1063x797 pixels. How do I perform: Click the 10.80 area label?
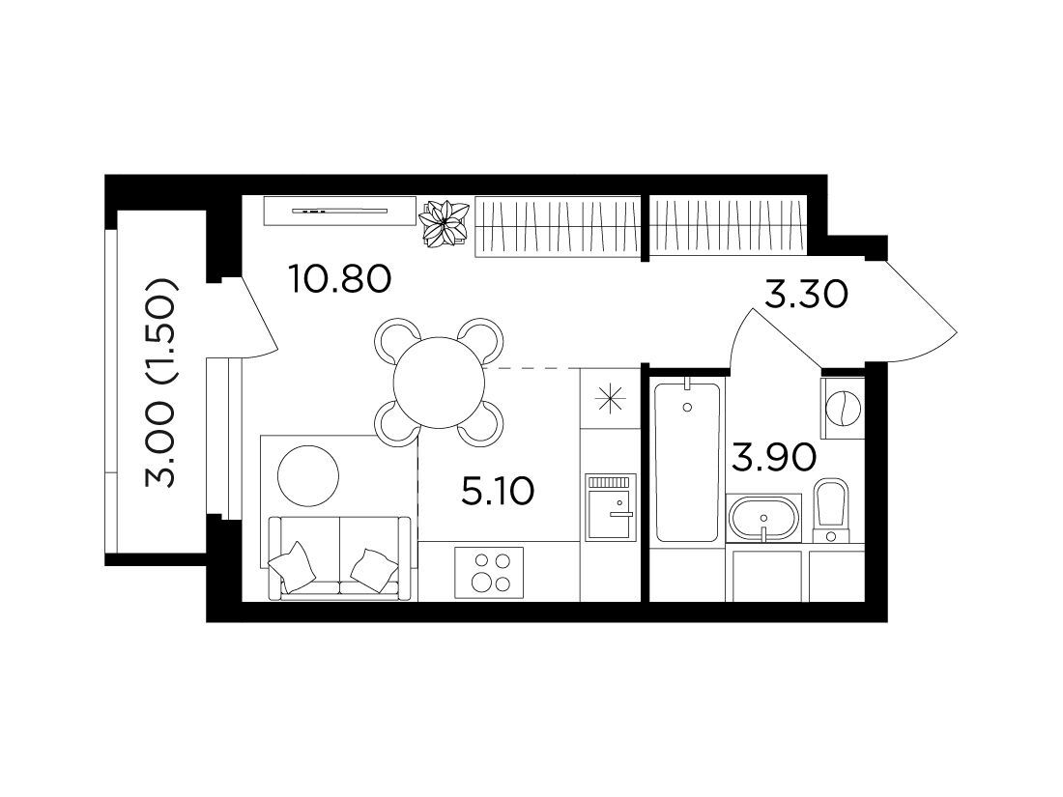339,278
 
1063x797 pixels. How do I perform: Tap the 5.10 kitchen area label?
498,492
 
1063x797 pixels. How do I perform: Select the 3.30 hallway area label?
806,295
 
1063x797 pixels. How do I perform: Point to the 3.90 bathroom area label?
773,459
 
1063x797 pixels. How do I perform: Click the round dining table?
440,383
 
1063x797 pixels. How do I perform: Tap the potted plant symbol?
444,223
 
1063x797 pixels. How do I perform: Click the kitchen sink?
611,507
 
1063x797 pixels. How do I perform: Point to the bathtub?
687,462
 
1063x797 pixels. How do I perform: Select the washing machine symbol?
843,409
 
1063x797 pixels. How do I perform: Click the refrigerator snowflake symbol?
610,398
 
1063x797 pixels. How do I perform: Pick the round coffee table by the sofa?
308,473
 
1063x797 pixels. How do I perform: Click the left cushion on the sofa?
292,566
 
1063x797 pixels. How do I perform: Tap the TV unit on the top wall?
339,211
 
